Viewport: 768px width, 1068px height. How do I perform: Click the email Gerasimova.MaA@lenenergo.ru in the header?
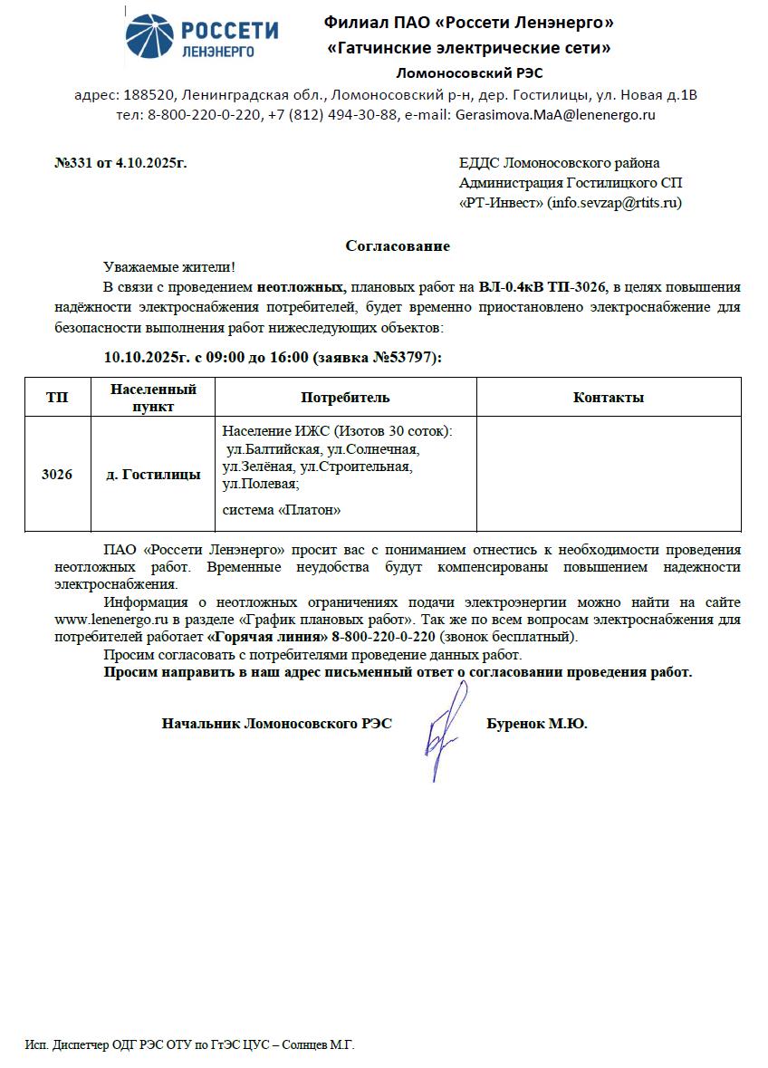pyautogui.click(x=555, y=115)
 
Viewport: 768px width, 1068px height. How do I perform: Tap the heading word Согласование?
pyautogui.click(x=398, y=245)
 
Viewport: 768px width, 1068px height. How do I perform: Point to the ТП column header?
pyautogui.click(x=57, y=398)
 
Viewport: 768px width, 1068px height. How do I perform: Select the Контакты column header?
pyautogui.click(x=609, y=398)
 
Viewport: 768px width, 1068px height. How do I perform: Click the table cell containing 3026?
pyautogui.click(x=57, y=475)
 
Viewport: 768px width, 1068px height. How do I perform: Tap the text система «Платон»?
pyautogui.click(x=282, y=510)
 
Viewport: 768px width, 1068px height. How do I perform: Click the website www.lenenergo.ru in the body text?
pyautogui.click(x=107, y=620)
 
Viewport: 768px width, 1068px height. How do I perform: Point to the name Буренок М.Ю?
pyautogui.click(x=536, y=724)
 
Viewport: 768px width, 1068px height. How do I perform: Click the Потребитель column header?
pyautogui.click(x=345, y=398)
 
